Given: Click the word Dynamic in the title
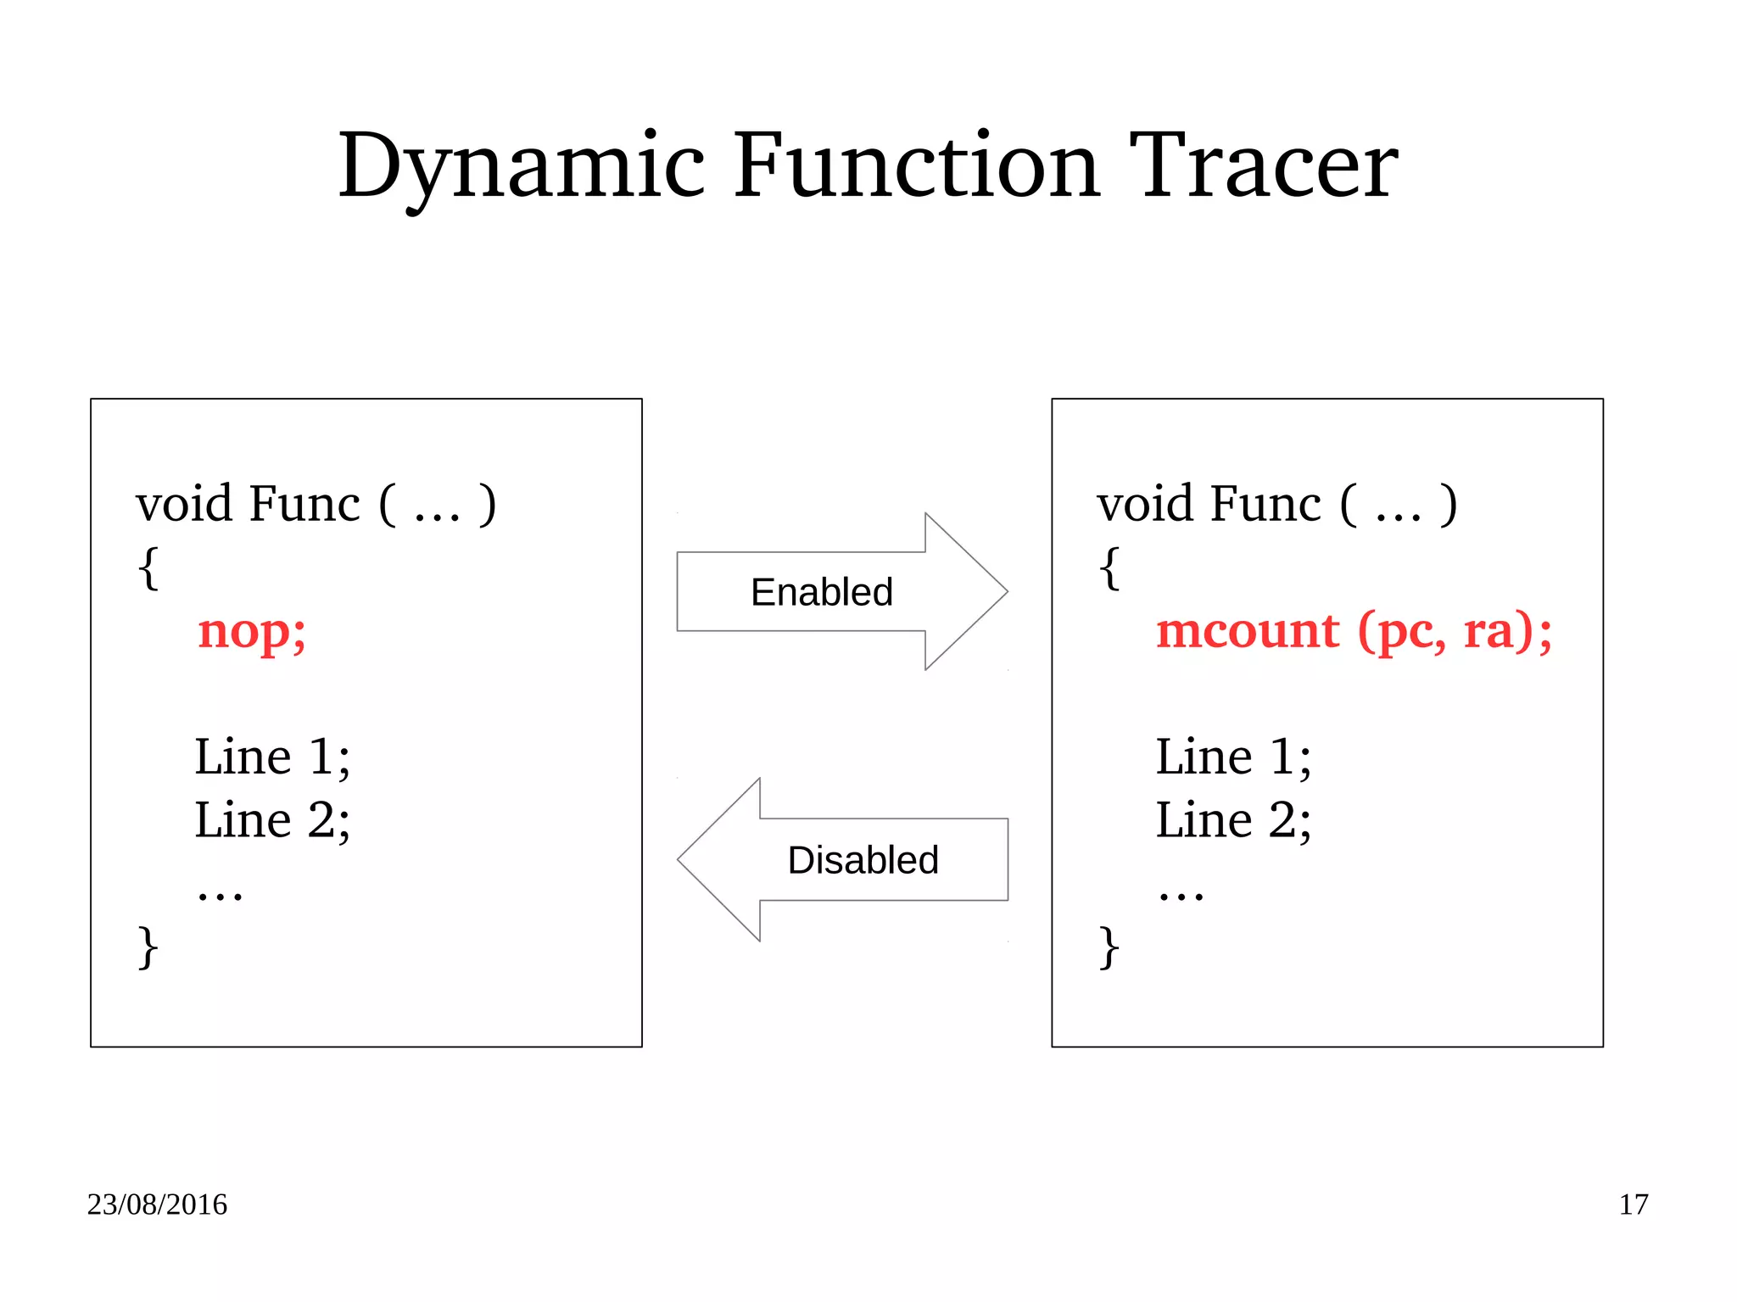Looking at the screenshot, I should point(521,165).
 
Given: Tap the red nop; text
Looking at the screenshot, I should point(251,632).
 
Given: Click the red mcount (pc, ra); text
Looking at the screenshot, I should point(1354,632).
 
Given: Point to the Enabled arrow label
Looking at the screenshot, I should point(821,592).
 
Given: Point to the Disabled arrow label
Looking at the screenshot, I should point(863,860).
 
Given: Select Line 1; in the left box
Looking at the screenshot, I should point(271,757).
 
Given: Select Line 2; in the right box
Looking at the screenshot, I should point(1232,820).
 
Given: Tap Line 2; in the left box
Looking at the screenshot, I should point(271,820).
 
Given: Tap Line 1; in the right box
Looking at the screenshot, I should point(1232,757).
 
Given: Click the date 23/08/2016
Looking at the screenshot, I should point(157,1204).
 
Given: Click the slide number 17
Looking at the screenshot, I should point(1633,1204).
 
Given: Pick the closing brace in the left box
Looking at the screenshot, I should point(148,947).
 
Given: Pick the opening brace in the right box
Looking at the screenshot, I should point(1109,567).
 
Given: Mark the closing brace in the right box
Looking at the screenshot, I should point(1109,947).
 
